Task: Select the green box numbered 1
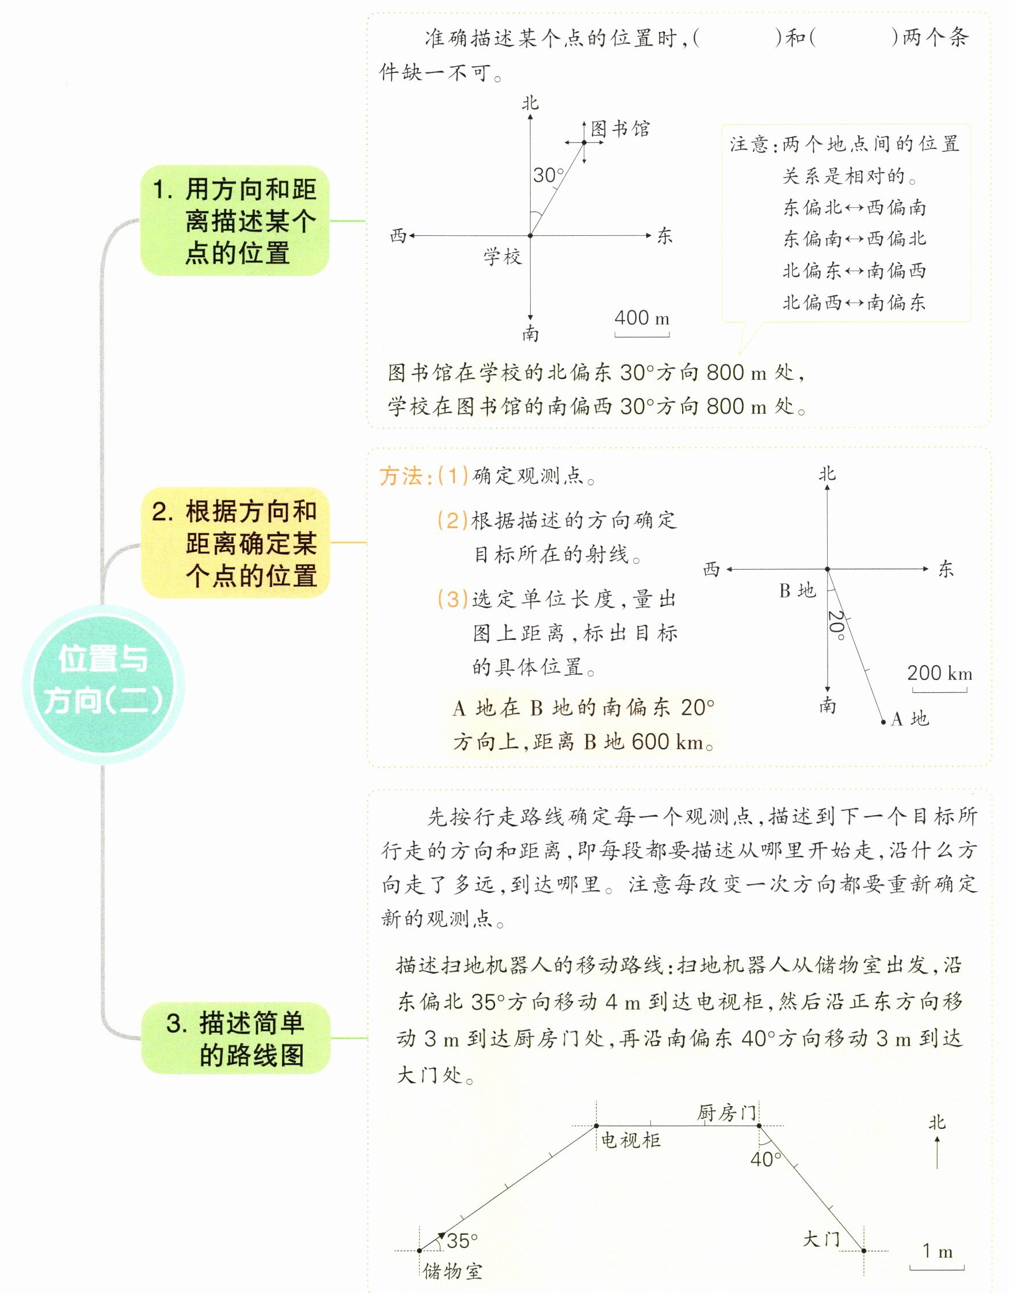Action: tap(235, 220)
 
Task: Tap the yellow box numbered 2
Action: tap(235, 543)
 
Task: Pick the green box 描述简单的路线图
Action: tap(235, 1039)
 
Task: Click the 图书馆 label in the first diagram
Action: tap(620, 129)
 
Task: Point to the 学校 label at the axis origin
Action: tap(502, 257)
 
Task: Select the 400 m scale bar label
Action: tap(641, 318)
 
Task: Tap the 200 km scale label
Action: tap(939, 673)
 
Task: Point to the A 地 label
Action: tap(909, 719)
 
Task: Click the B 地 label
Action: tap(797, 591)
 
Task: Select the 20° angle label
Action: tap(836, 625)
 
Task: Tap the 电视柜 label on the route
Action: tap(631, 1140)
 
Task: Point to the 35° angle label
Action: tap(462, 1240)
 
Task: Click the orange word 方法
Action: tap(401, 476)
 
